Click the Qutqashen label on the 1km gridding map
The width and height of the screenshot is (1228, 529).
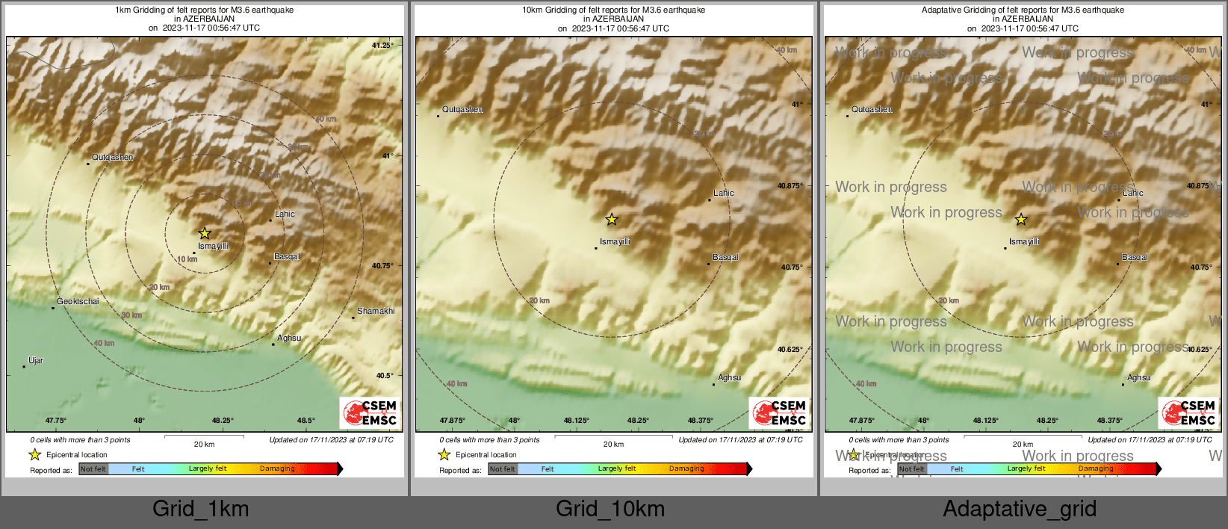pyautogui.click(x=112, y=158)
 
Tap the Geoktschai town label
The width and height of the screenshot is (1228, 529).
pyautogui.click(x=78, y=302)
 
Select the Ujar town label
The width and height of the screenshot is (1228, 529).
pyautogui.click(x=36, y=361)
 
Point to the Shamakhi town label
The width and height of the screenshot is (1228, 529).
pyautogui.click(x=376, y=312)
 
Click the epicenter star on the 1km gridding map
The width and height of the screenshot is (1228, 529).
pyautogui.click(x=205, y=233)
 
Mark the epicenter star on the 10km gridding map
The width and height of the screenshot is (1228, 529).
pyautogui.click(x=612, y=220)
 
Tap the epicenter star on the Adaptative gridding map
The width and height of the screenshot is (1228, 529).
pyautogui.click(x=1021, y=220)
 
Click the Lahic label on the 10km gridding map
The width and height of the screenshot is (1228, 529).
pyautogui.click(x=723, y=194)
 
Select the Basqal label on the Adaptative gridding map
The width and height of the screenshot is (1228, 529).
pyautogui.click(x=1134, y=258)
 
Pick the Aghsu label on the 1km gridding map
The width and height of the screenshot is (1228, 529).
pyautogui.click(x=289, y=338)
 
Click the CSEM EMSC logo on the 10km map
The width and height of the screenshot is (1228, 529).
pyautogui.click(x=781, y=413)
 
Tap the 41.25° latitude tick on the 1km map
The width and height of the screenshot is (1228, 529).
pyautogui.click(x=382, y=46)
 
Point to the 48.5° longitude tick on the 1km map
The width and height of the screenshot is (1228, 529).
pyautogui.click(x=306, y=421)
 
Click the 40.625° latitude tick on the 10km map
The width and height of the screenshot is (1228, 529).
pyautogui.click(x=790, y=350)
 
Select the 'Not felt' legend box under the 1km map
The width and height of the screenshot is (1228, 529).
pyautogui.click(x=93, y=469)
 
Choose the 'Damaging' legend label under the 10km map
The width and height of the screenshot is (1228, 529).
pyautogui.click(x=686, y=469)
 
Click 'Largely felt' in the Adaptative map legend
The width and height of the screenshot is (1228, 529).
pyautogui.click(x=1026, y=469)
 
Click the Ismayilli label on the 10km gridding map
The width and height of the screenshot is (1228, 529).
pyautogui.click(x=615, y=242)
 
